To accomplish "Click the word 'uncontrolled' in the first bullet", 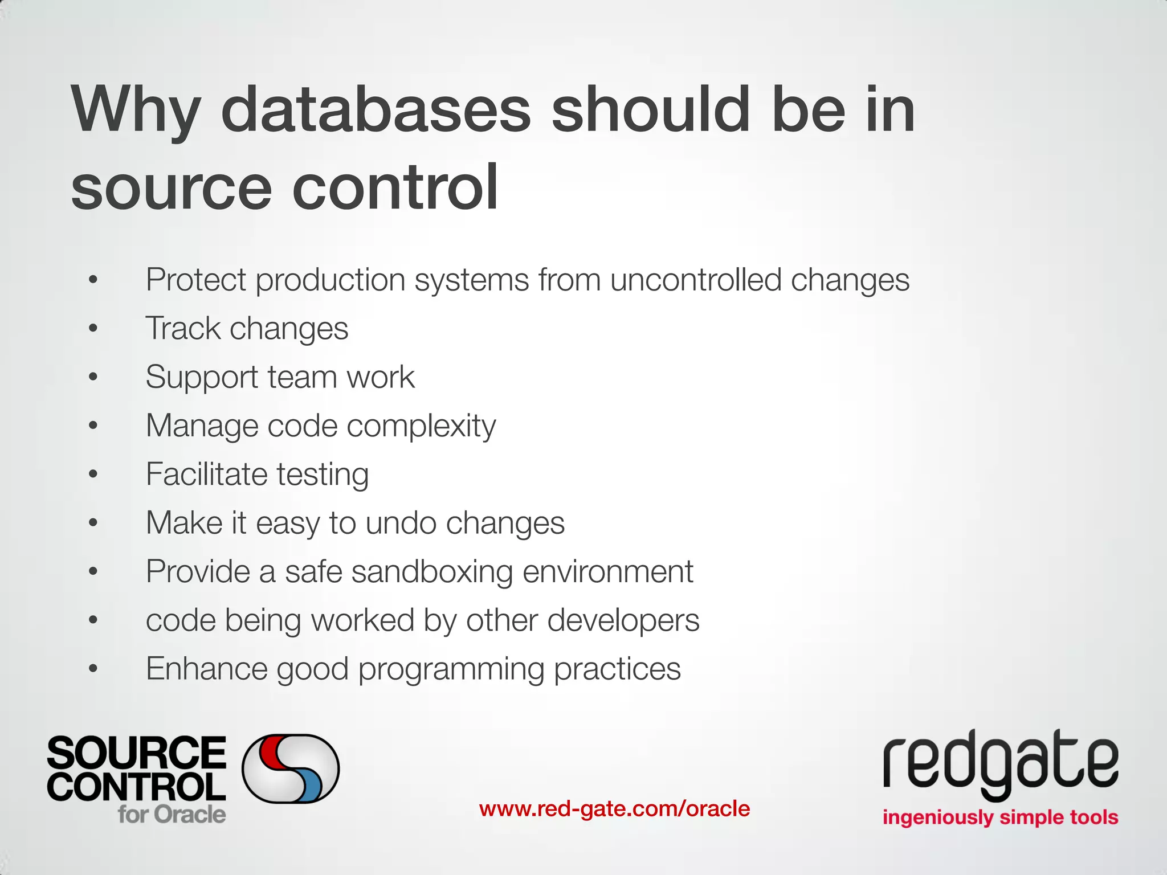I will point(696,280).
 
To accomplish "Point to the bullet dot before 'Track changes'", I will point(93,329).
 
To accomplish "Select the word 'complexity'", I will point(421,426).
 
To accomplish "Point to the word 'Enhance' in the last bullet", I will point(206,669).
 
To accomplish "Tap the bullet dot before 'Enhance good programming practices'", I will point(93,669).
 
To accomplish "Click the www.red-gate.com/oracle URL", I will point(614,809).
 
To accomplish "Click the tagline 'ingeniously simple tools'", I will point(1000,817).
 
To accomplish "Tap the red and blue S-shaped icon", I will point(291,768).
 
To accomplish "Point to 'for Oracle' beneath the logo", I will point(172,814).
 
